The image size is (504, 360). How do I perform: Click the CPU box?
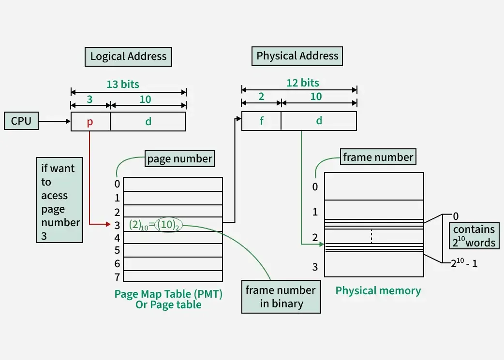tap(21, 121)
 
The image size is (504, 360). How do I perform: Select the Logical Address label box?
tap(128, 57)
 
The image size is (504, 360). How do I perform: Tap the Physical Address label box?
tap(297, 56)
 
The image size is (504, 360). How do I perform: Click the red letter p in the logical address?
tap(90, 122)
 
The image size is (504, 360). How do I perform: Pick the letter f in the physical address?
tap(262, 121)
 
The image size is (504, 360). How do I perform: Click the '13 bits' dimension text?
tap(123, 84)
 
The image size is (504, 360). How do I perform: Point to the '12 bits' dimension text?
tap(303, 83)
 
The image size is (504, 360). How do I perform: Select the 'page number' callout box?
tap(179, 158)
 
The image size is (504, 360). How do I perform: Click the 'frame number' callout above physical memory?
tap(378, 157)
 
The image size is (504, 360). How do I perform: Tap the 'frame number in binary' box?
tap(281, 297)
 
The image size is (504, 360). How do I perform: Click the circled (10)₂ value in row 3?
tap(168, 225)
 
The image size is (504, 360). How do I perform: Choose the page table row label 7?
tap(117, 277)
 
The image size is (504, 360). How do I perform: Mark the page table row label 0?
tap(117, 184)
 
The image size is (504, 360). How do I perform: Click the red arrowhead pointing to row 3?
tap(108, 224)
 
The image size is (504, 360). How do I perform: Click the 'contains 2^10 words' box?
tap(474, 236)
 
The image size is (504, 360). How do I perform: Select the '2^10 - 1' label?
tap(464, 264)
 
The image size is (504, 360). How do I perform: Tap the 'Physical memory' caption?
tap(378, 290)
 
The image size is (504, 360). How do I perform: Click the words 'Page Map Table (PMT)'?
tap(168, 293)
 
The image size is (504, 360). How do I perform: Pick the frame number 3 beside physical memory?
tap(315, 267)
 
